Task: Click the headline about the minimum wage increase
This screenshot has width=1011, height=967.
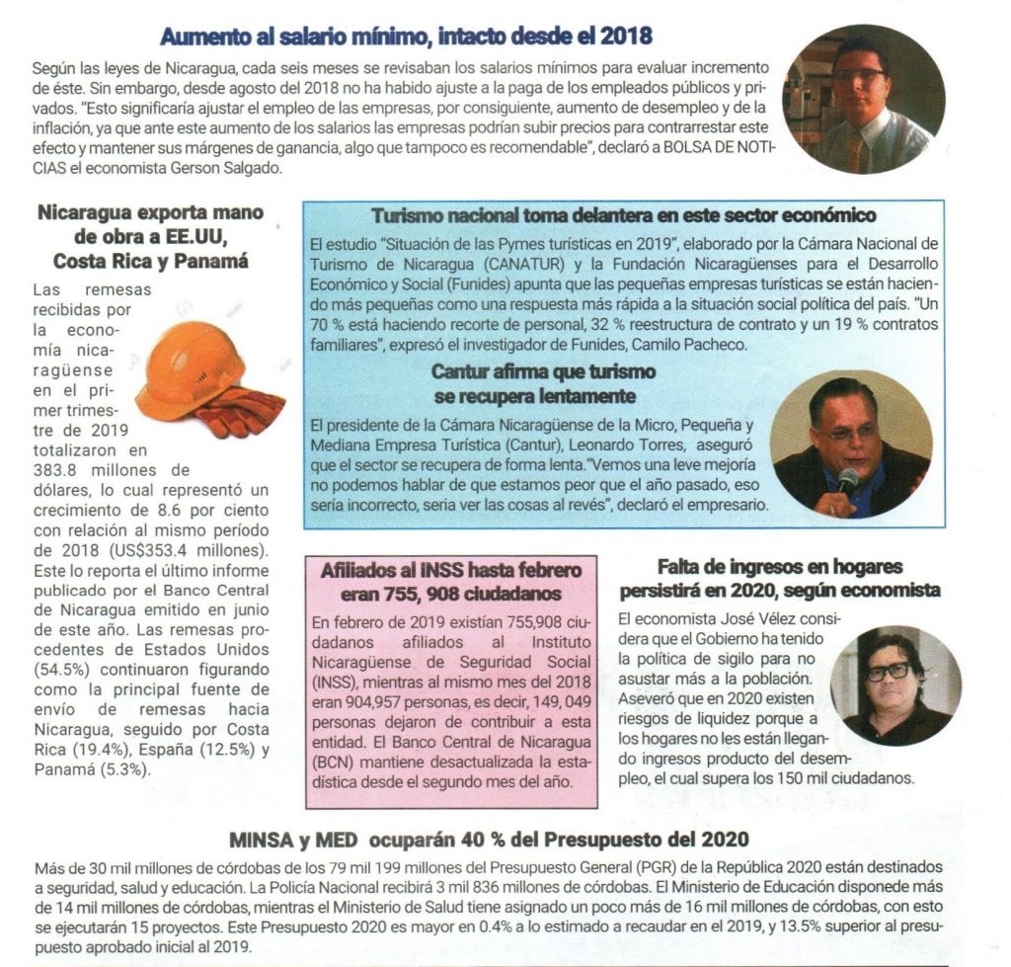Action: coord(406,38)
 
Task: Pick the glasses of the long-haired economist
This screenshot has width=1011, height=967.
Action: coord(888,672)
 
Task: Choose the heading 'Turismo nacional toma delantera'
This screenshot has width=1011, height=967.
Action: coord(623,215)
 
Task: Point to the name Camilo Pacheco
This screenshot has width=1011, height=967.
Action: coord(693,345)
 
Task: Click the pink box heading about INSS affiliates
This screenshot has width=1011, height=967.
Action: coord(451,583)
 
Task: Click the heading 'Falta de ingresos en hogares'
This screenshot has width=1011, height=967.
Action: coord(780,578)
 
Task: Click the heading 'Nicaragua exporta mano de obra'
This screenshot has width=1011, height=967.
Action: coord(150,236)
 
